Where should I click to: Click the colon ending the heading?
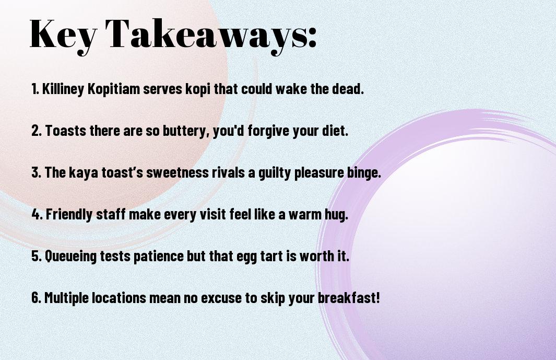[312, 37]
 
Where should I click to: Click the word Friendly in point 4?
[69, 214]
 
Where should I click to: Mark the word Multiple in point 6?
[66, 298]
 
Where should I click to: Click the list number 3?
[36, 172]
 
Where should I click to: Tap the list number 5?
[36, 256]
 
